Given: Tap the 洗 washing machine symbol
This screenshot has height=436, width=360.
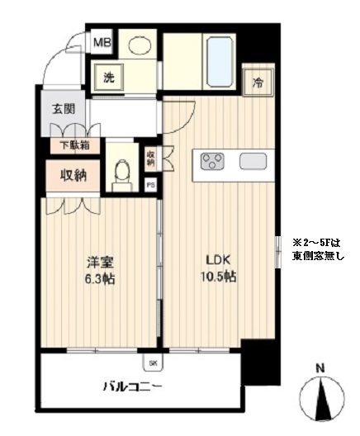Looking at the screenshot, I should click(x=109, y=79).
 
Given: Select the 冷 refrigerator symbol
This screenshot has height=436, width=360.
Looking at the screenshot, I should click(x=258, y=82).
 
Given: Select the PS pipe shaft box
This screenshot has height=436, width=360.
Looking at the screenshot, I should click(x=150, y=186).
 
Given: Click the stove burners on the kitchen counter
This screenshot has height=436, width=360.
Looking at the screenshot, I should click(x=212, y=161).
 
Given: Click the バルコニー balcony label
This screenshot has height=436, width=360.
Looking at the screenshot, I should click(x=132, y=386).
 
